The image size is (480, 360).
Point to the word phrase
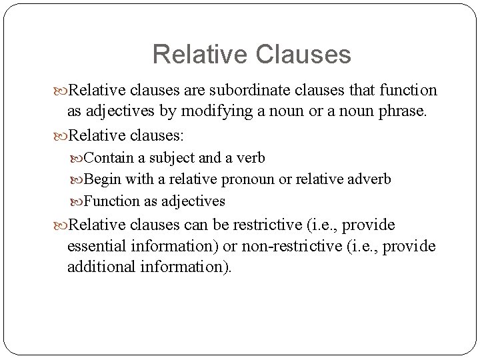(400, 111)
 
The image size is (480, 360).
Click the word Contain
(109, 158)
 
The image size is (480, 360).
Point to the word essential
(97, 246)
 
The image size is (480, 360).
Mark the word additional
(101, 267)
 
